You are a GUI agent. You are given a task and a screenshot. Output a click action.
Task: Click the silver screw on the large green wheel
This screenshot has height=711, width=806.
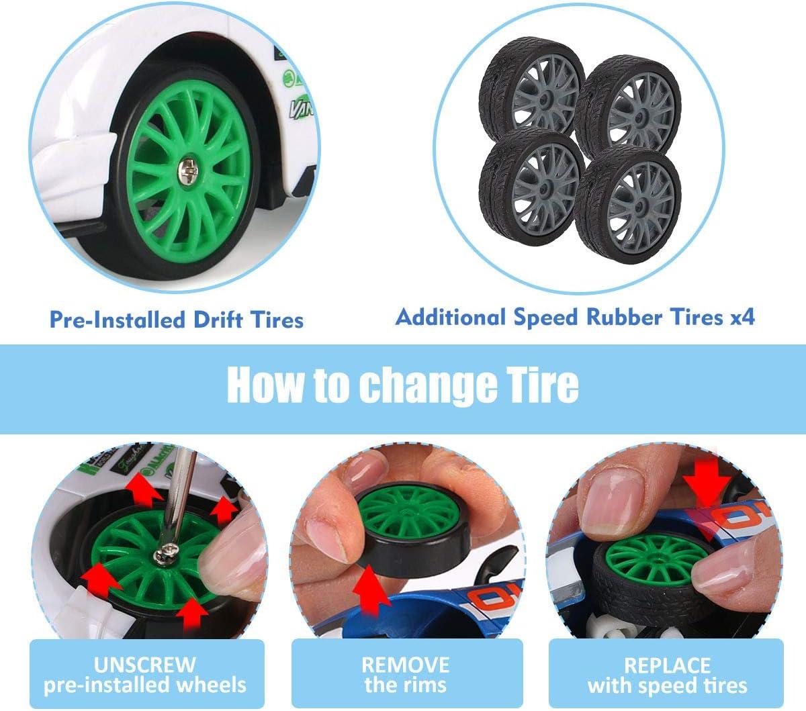coord(188,171)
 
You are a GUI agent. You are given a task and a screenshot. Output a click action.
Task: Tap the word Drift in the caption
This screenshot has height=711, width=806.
coord(218,320)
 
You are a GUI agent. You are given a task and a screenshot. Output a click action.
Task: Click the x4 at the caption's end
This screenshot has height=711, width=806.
coord(742,318)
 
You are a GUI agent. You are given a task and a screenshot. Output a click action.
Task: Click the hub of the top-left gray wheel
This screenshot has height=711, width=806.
coord(545,97)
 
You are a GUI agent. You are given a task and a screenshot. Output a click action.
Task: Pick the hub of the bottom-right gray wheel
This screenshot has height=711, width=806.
coord(640,205)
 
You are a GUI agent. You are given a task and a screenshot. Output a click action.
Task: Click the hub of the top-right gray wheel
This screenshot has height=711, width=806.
coord(640,117)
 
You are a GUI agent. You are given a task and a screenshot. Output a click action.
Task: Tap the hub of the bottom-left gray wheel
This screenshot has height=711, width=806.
coord(545,186)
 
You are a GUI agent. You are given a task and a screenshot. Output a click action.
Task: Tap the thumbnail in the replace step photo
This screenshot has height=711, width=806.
coord(613,502)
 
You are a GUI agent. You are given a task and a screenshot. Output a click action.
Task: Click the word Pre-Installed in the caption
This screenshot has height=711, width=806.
coord(118,320)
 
